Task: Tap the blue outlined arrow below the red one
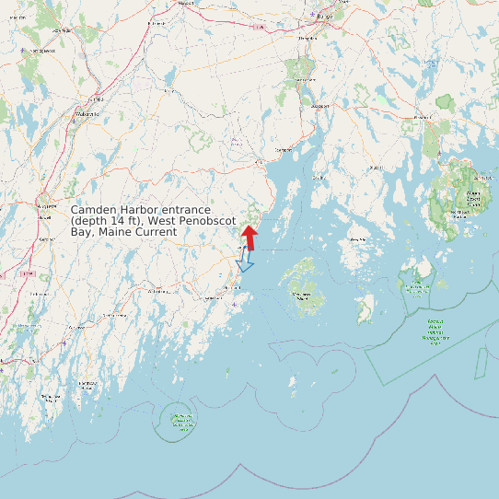(x=244, y=264)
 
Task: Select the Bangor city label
(x=322, y=17)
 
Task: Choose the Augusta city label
(x=44, y=207)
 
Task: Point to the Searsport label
(x=284, y=149)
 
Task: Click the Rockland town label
(x=232, y=287)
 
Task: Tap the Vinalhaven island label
(x=301, y=295)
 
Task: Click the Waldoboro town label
(x=157, y=291)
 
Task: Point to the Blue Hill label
(x=377, y=168)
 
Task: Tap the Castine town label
(x=319, y=177)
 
